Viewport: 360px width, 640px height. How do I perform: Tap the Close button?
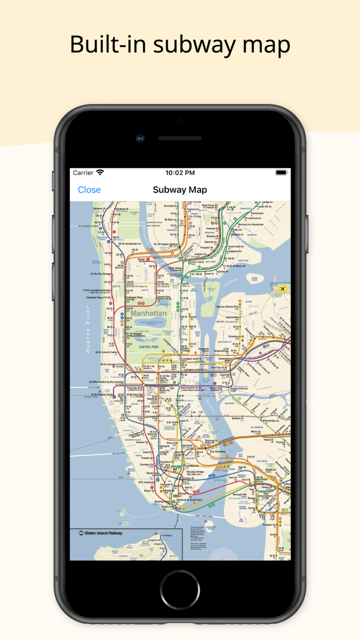point(89,190)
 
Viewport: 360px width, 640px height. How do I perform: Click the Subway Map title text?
point(180,190)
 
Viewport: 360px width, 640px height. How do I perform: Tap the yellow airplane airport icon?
point(282,290)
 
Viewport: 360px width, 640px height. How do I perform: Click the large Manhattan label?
point(149,313)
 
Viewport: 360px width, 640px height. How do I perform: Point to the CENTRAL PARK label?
point(149,347)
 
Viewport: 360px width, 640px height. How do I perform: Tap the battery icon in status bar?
point(281,173)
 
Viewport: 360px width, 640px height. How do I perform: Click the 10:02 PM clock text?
point(180,173)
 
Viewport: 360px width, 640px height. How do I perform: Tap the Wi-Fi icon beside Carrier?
point(100,173)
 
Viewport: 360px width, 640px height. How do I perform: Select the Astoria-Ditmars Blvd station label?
point(229,307)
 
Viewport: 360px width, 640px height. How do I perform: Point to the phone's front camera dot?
point(140,138)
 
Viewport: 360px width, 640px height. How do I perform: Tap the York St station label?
point(250,457)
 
